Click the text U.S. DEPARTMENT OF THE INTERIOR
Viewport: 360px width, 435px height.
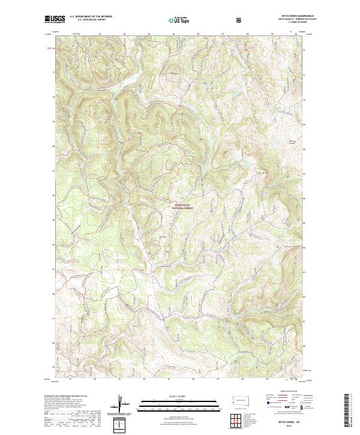pos(88,17)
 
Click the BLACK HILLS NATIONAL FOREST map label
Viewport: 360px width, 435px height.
pos(182,207)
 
